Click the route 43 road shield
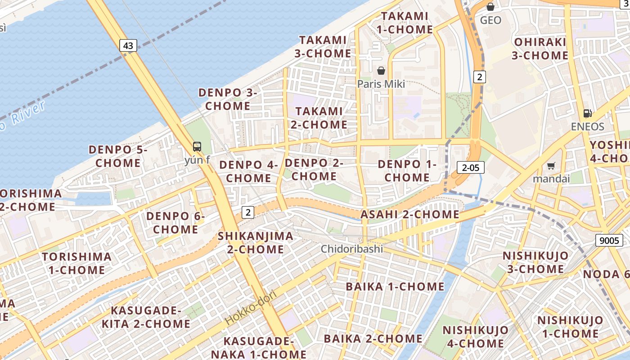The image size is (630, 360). [128, 45]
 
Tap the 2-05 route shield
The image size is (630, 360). [470, 168]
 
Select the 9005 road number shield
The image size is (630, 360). [609, 240]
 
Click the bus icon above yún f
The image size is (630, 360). [197, 146]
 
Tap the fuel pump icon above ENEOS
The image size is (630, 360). [587, 113]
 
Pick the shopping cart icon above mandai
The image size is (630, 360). [551, 166]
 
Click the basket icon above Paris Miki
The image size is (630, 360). [381, 71]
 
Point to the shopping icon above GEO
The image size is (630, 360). [490, 7]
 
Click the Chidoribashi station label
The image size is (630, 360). [351, 249]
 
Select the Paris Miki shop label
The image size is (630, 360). [381, 84]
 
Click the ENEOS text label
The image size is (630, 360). [587, 126]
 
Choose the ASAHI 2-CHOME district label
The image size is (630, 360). [409, 215]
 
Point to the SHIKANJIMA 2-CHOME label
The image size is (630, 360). [255, 243]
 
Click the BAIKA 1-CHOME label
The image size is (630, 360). [395, 287]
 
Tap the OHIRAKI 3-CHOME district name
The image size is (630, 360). [540, 49]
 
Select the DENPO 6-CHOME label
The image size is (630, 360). [175, 223]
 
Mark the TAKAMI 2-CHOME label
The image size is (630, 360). [319, 117]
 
